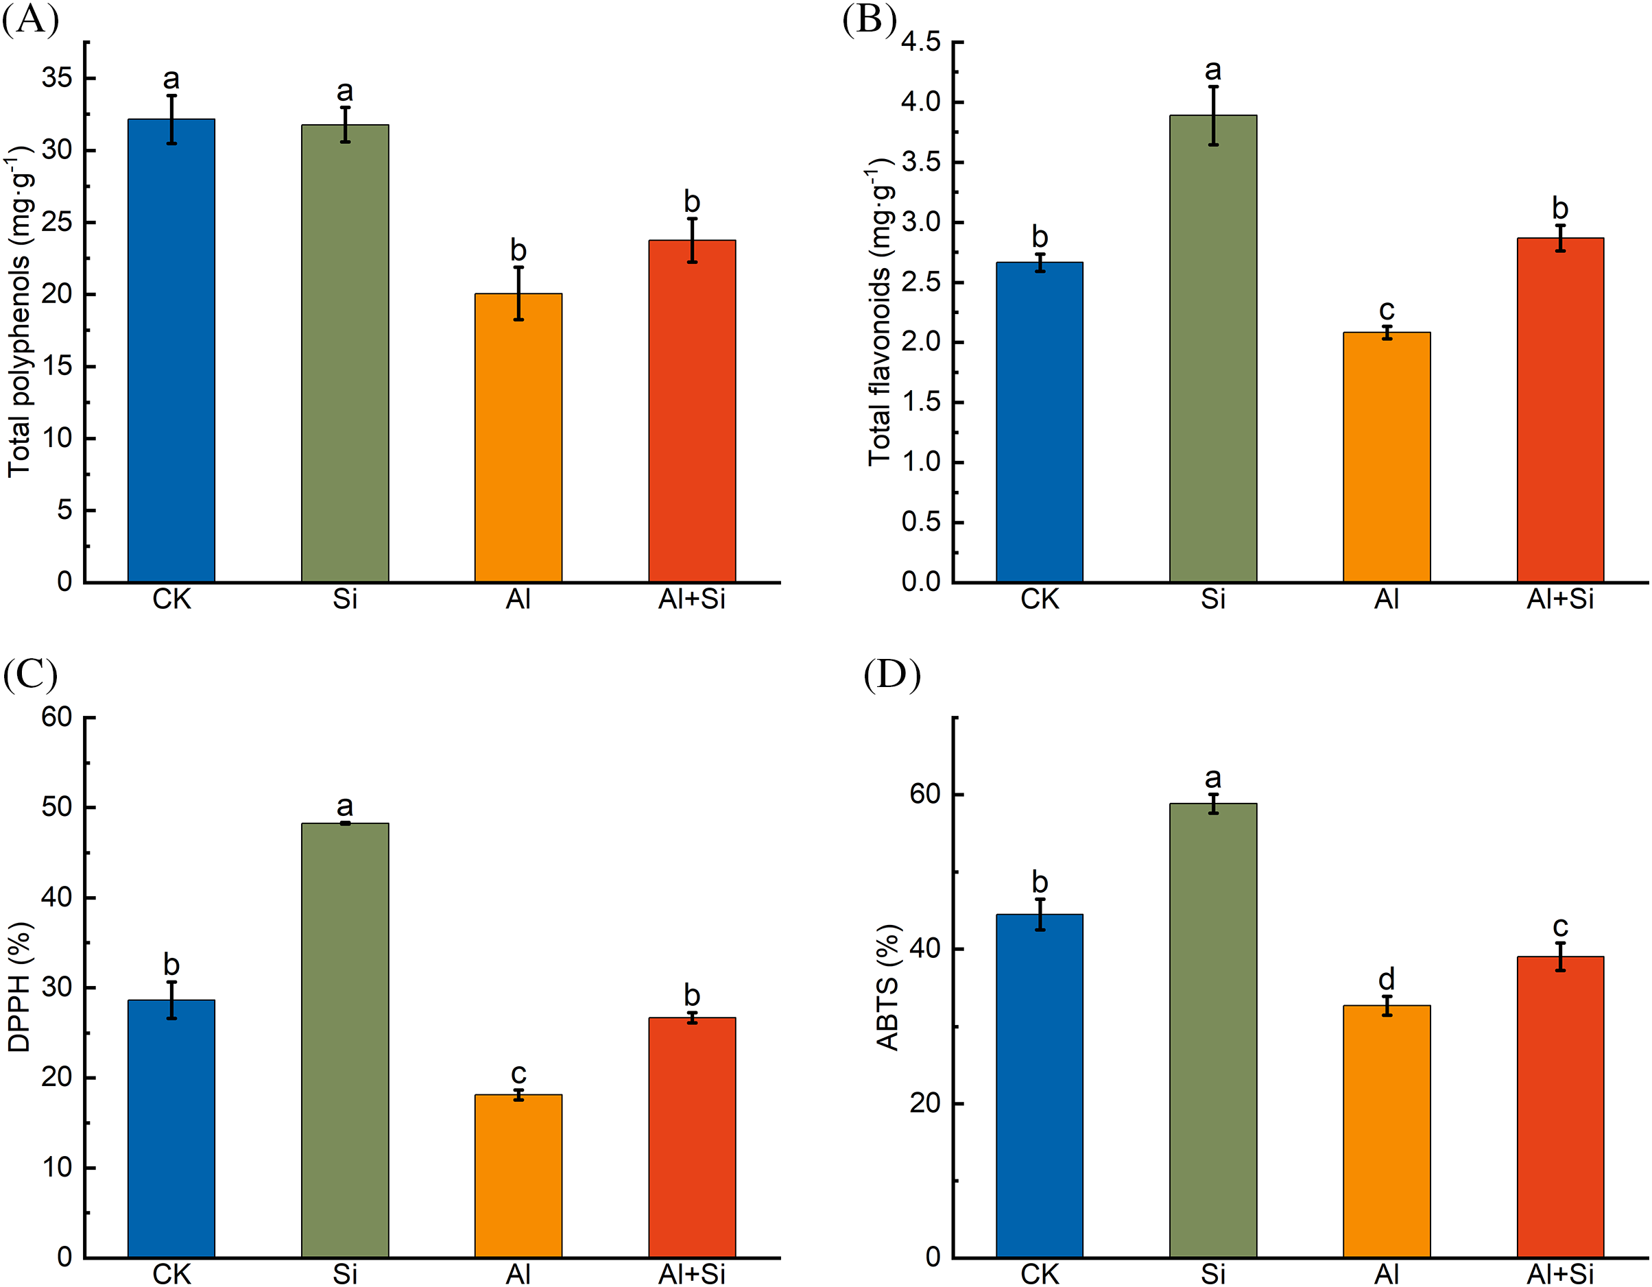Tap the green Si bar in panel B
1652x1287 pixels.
click(x=1212, y=348)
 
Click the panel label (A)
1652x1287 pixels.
click(x=30, y=20)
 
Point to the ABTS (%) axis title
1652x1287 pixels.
click(x=887, y=987)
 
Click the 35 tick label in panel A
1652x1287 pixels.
click(x=58, y=78)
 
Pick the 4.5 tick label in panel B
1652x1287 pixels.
click(x=920, y=42)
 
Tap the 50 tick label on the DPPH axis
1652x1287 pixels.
click(x=58, y=807)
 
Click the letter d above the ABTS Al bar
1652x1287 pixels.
click(x=1386, y=979)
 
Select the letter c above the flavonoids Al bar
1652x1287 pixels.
click(x=1386, y=309)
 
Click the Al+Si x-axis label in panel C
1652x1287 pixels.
click(x=691, y=1274)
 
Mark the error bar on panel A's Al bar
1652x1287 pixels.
click(x=518, y=293)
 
